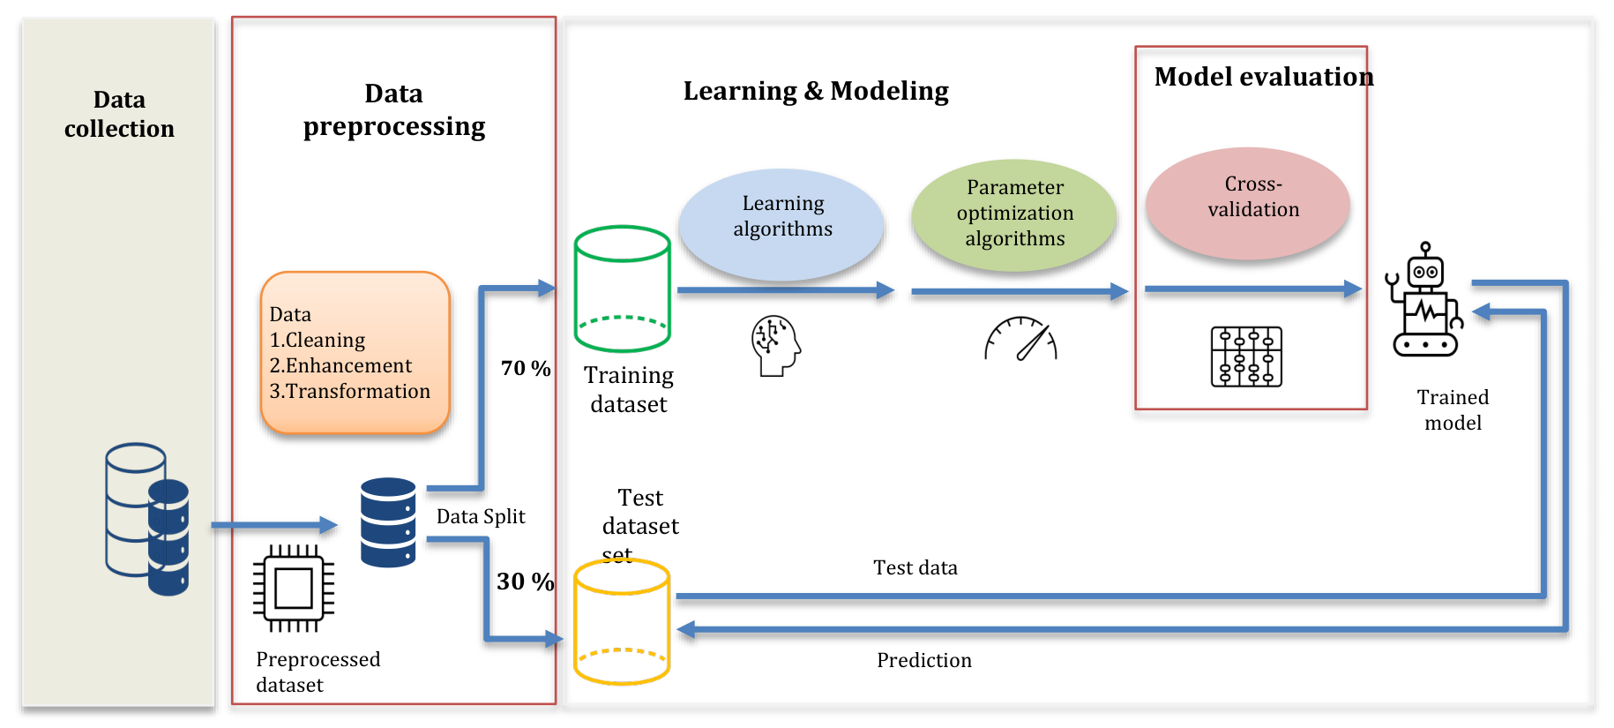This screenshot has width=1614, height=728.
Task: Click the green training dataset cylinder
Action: (623, 289)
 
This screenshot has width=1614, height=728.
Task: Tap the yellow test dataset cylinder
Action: (622, 622)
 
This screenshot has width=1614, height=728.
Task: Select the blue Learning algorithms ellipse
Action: (782, 224)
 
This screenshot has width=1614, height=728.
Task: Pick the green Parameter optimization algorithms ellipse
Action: (1014, 214)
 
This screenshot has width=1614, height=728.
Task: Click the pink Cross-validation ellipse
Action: (1248, 203)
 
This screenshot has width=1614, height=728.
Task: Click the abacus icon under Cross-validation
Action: (1246, 356)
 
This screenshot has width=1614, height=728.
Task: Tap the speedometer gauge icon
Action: (1020, 339)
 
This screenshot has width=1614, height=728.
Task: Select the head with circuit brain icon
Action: (775, 346)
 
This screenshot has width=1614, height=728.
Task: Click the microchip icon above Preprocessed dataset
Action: (294, 589)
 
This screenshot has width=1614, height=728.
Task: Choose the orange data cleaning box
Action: (355, 353)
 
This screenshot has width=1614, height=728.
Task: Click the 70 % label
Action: (526, 368)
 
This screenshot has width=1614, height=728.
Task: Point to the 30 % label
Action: (525, 582)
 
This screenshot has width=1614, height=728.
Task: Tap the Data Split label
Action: (481, 516)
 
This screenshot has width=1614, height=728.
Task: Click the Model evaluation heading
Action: (1264, 77)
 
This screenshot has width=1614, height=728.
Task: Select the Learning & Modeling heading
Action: (816, 91)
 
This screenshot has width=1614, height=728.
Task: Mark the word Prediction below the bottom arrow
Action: (924, 660)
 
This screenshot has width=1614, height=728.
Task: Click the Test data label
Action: (915, 567)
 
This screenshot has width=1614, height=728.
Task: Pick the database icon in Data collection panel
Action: (147, 519)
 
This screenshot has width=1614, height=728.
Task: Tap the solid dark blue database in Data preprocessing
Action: (388, 522)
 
